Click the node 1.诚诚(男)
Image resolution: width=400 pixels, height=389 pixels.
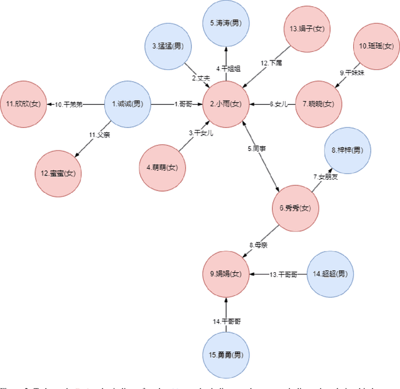127,104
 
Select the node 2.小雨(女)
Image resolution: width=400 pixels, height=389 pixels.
226,104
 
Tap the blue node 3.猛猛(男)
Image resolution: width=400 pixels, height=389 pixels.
167,46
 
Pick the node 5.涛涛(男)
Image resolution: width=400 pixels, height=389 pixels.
226,23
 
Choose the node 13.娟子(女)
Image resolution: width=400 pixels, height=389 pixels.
306,29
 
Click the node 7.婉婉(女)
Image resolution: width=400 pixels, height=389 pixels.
317,104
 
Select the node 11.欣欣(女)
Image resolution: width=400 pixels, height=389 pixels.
24,104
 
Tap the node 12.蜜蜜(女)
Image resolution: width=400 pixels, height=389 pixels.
58,173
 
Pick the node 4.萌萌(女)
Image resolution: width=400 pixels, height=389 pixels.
162,167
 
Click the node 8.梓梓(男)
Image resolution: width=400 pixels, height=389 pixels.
347,150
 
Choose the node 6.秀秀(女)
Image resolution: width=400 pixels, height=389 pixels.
295,208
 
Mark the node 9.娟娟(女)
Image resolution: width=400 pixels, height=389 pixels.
226,273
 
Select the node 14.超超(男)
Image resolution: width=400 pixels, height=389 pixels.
329,273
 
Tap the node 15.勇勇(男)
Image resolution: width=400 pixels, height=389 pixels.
226,355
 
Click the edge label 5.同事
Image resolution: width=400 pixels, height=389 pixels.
257,149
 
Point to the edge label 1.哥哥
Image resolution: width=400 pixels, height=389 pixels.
185,104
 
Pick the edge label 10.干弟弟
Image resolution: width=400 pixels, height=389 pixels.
69,104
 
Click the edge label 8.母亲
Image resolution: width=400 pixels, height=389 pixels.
259,245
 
